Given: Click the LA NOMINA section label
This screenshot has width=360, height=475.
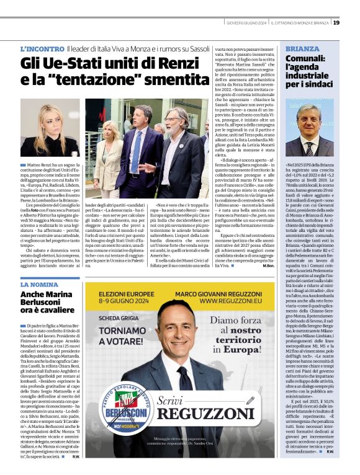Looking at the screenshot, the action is pos(39,284).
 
